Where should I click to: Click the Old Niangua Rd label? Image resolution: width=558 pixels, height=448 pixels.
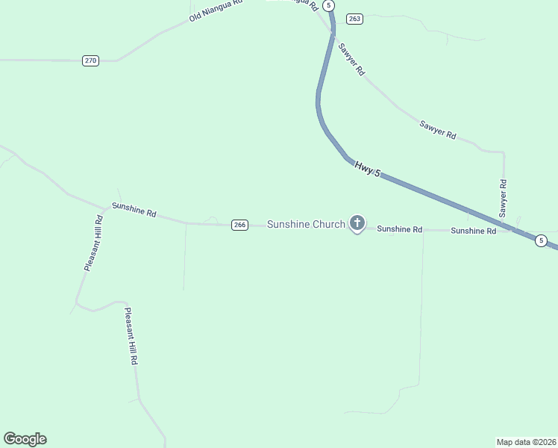point(216,10)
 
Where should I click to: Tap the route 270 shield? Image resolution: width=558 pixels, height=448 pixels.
point(90,60)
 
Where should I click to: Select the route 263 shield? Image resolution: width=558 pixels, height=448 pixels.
point(354,19)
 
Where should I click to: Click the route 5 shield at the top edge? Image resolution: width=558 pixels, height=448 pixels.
point(328,4)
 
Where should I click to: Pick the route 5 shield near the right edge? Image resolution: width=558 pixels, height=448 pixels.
point(541,240)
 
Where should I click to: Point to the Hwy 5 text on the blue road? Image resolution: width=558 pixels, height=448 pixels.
point(367,169)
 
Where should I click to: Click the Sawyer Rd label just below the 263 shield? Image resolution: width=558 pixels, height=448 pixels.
point(351,59)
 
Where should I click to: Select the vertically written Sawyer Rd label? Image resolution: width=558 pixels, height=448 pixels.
point(504,198)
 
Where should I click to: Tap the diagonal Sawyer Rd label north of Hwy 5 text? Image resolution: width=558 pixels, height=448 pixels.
point(437,129)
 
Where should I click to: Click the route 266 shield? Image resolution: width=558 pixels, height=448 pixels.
point(239,225)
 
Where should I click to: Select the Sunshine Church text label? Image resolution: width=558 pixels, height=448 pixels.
point(306,224)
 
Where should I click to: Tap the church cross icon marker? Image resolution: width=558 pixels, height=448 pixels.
point(357,223)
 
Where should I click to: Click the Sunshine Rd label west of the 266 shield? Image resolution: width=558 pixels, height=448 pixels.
point(134,210)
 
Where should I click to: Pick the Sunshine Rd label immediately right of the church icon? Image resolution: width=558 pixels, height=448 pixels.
point(399,229)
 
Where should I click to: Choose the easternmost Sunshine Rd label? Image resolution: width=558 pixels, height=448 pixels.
point(473,231)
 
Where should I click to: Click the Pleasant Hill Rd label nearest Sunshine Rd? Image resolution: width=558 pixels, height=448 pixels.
point(93,243)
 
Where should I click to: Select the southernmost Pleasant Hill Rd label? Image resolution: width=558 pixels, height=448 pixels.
point(131,336)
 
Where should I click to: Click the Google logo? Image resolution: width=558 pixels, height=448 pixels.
point(25,439)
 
